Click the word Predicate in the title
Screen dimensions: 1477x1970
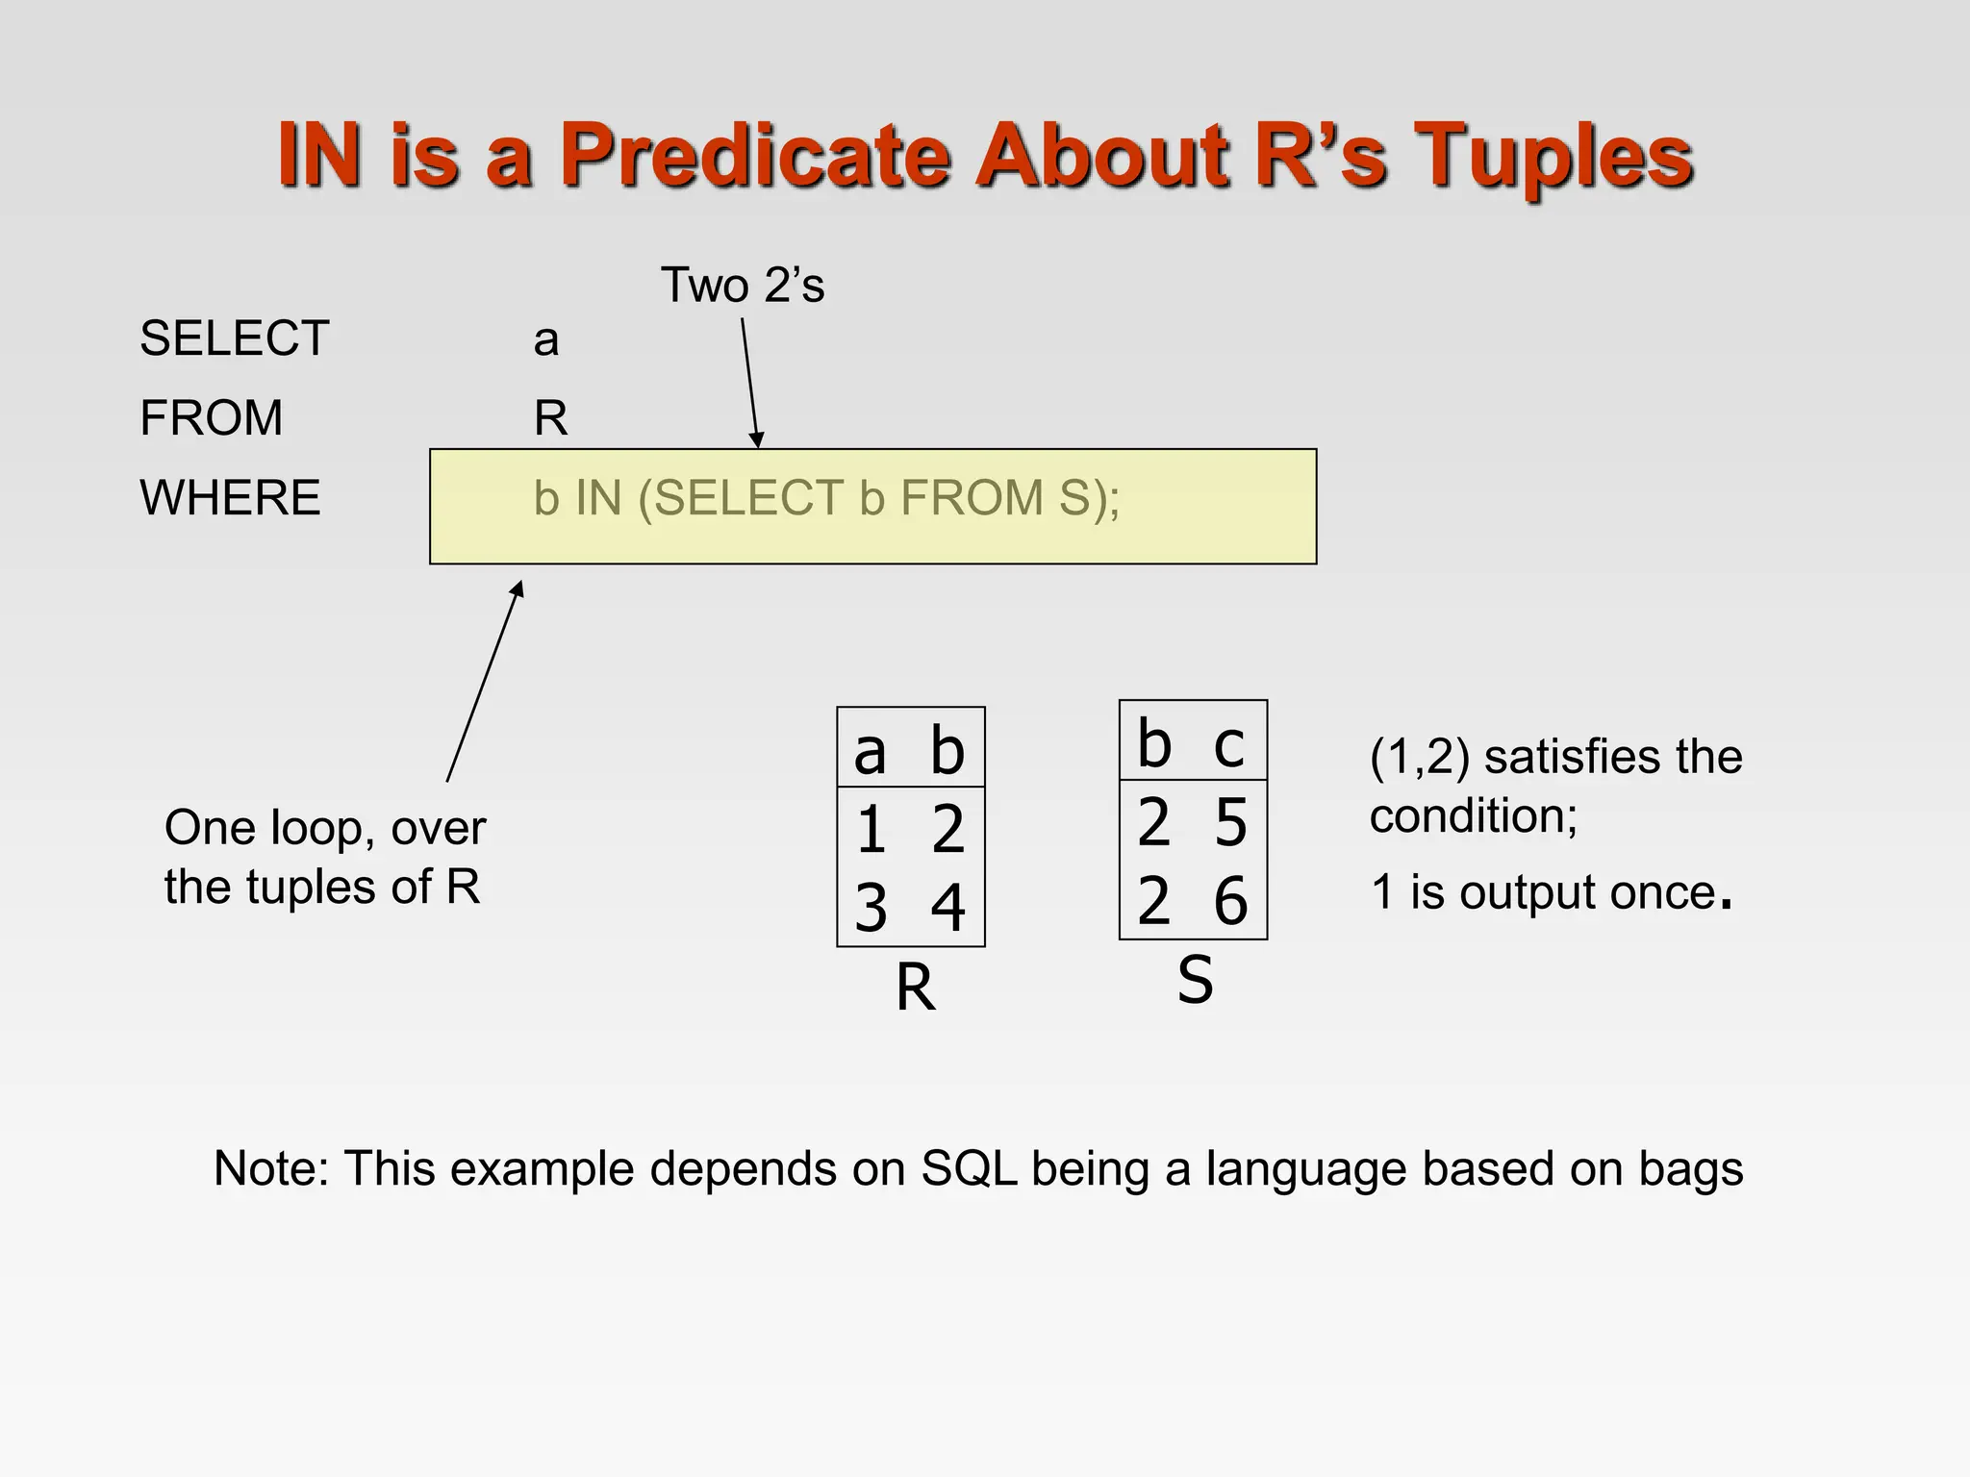click(x=755, y=156)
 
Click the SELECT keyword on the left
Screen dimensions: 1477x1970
click(x=234, y=338)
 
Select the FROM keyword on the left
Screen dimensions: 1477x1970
click(x=211, y=418)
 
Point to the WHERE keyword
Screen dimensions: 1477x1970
click(x=230, y=498)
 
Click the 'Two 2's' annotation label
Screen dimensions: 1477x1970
click(x=742, y=286)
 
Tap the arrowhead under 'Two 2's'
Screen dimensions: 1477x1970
click(x=757, y=439)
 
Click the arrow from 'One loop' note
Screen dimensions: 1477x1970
click(x=484, y=683)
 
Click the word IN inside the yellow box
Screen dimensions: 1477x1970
click(x=598, y=498)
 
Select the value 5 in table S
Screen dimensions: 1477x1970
click(x=1230, y=823)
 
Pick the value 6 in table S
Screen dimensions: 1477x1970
click(x=1230, y=902)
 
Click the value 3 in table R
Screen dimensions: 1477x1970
click(x=871, y=909)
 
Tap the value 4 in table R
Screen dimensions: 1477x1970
click(x=947, y=909)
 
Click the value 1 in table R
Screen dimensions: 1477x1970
click(x=871, y=830)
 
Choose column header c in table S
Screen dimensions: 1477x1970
click(x=1228, y=745)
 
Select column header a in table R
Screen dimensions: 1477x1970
click(x=870, y=752)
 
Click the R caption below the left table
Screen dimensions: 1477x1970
click(x=915, y=988)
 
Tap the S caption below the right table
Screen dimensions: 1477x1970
click(x=1195, y=981)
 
